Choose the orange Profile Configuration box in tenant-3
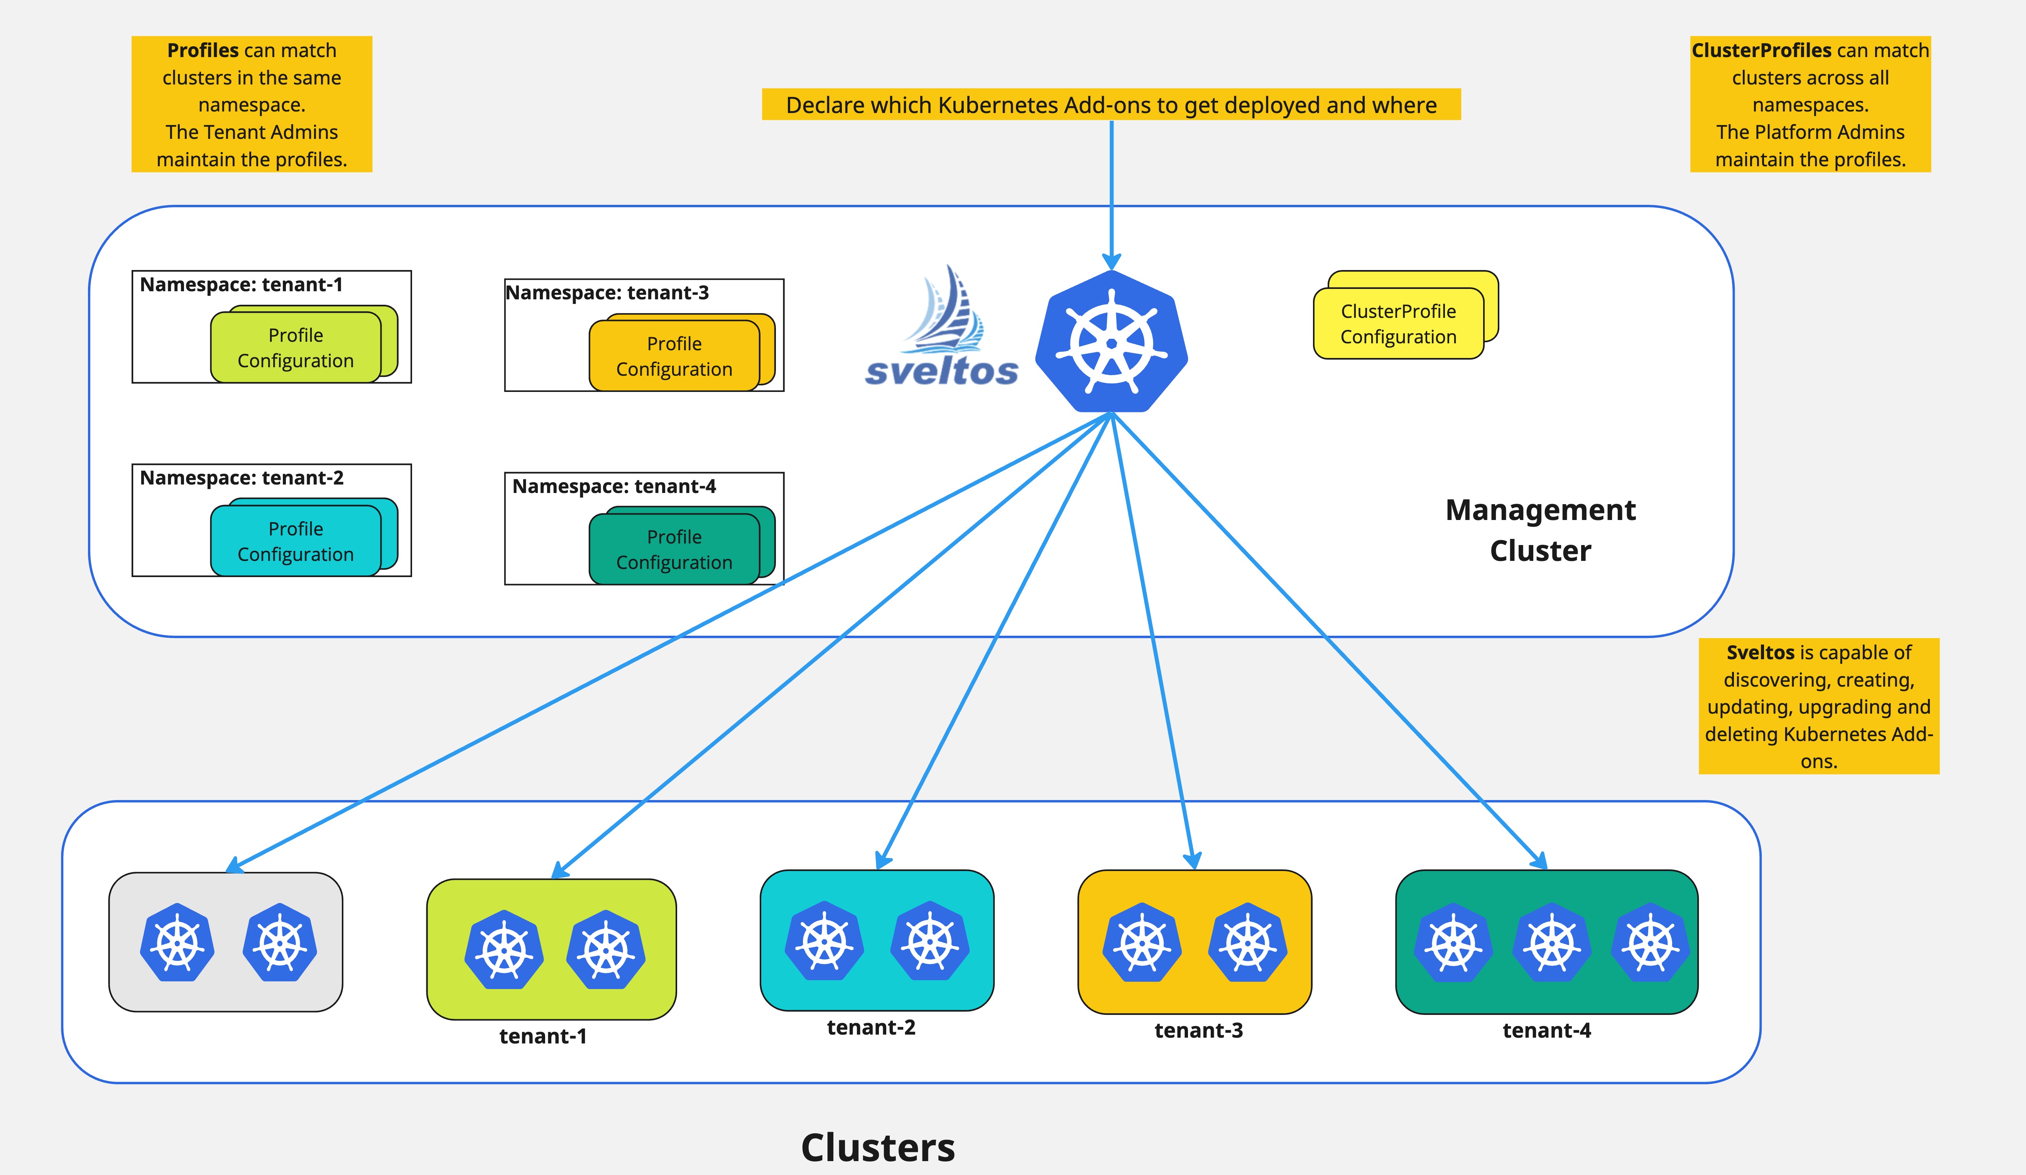click(674, 356)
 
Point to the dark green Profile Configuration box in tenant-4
click(674, 550)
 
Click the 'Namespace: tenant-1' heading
click(241, 285)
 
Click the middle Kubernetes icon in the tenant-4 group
click(1552, 942)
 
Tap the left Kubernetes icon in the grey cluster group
click(177, 942)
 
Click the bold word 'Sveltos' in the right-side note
click(1760, 653)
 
